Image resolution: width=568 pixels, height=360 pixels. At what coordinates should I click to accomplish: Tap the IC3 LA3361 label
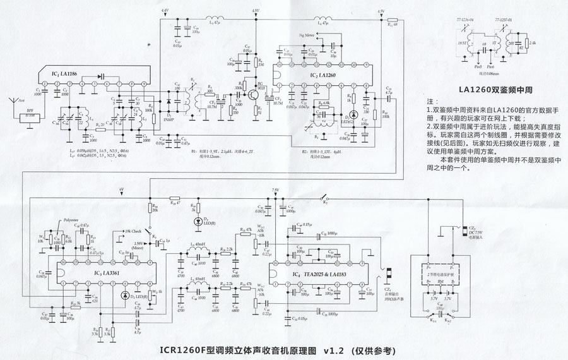pos(103,272)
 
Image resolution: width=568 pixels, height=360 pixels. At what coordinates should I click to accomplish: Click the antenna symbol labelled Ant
pos(13,101)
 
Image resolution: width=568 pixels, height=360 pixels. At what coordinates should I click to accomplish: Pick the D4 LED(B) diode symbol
pos(198,221)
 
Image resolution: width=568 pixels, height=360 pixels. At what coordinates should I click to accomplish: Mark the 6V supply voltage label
pos(122,189)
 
